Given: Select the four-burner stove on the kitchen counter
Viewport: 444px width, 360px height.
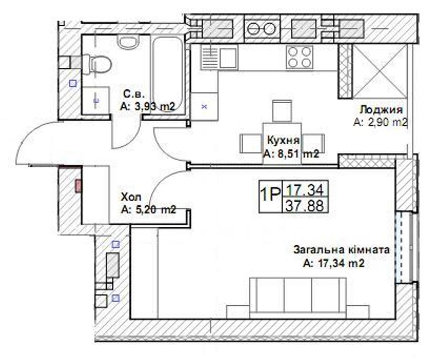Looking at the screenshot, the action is [299, 57].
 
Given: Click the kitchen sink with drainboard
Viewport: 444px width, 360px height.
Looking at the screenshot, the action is [219, 58].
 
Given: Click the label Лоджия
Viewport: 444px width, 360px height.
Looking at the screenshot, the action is [381, 109].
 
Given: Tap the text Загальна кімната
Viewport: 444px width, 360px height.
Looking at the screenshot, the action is [341, 250].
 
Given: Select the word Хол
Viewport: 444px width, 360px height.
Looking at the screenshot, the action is [131, 197].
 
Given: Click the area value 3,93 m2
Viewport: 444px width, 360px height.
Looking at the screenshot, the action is [147, 106].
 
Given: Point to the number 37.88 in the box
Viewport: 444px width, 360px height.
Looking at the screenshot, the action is [305, 205].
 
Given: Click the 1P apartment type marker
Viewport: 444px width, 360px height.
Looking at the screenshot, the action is [270, 195].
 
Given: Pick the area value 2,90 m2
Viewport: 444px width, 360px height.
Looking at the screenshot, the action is [380, 122].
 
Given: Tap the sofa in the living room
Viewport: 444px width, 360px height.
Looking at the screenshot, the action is [298, 298].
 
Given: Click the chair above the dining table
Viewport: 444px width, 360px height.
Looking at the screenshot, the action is [281, 111].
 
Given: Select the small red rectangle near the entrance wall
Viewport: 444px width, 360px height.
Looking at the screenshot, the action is [78, 186].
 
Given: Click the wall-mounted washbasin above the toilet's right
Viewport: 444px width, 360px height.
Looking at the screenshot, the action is [128, 42].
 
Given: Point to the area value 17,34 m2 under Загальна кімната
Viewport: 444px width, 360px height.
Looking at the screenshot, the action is [333, 263].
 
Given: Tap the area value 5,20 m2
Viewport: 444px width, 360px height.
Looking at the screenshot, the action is [148, 210].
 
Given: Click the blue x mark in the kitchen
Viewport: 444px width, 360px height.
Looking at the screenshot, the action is [205, 107].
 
